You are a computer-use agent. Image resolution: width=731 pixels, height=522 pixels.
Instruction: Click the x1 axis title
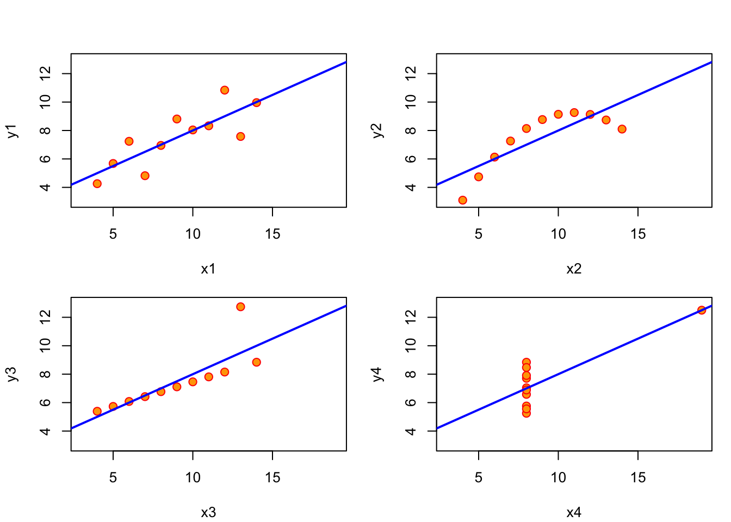tap(208, 269)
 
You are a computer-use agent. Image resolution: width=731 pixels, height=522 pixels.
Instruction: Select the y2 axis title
tap(377, 130)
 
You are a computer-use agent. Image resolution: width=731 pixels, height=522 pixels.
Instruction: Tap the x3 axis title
tap(208, 512)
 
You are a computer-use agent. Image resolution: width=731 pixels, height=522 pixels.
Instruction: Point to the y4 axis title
tap(377, 374)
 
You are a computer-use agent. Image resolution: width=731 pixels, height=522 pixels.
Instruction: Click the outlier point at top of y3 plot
tap(240, 307)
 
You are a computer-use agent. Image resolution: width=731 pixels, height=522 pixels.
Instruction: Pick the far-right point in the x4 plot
tap(702, 310)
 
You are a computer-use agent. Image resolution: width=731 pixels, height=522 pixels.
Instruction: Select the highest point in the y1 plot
tap(225, 90)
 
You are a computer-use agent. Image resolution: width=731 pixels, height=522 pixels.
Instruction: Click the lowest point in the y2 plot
tap(463, 200)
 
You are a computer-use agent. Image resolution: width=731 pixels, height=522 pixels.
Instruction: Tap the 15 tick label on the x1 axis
tap(272, 234)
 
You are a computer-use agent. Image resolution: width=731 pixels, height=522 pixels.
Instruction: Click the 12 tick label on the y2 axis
tap(411, 73)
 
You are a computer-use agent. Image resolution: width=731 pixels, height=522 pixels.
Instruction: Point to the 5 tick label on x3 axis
tap(113, 477)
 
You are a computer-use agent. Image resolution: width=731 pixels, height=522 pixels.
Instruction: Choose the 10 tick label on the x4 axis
tap(558, 477)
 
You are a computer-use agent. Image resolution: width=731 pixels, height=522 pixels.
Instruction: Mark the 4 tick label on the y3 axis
tap(46, 431)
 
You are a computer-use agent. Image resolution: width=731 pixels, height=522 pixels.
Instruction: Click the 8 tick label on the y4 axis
tap(411, 374)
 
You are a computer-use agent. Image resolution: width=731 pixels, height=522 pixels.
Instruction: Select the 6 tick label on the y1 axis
tap(46, 159)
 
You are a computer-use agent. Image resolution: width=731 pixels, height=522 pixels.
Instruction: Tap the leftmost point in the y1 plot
tap(97, 184)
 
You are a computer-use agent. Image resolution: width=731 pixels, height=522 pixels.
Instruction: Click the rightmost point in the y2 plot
tap(622, 129)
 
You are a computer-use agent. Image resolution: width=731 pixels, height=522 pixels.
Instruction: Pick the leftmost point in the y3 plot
tap(97, 411)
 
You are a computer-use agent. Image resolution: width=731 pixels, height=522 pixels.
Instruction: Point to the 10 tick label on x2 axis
tap(558, 234)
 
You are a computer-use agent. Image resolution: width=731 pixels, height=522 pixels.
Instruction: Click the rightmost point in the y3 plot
tap(257, 362)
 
